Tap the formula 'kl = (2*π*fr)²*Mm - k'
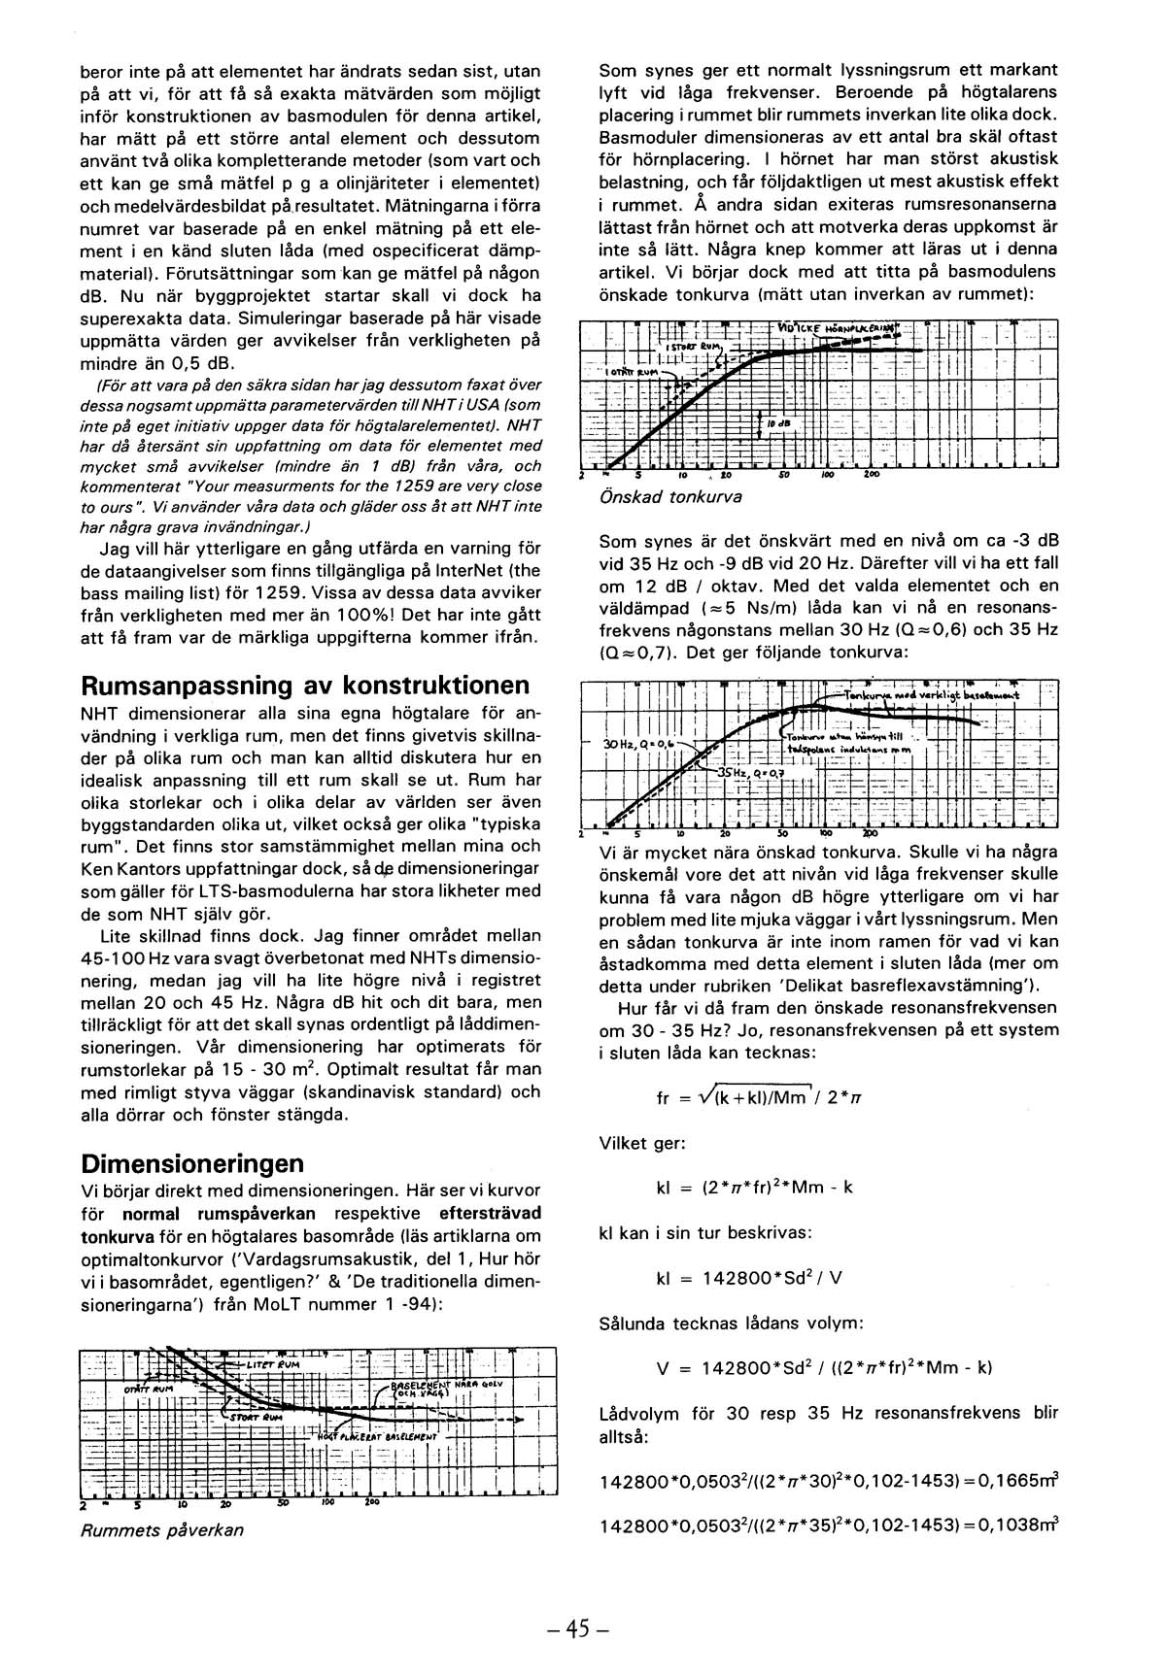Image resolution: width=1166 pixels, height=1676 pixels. pos(754,1189)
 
